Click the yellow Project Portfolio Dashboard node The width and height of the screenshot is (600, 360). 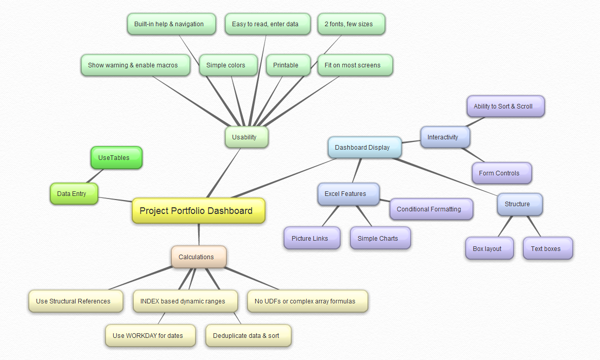coord(198,210)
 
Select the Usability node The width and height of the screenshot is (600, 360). coord(246,137)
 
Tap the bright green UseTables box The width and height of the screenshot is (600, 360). coord(116,157)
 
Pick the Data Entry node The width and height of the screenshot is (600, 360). coord(74,193)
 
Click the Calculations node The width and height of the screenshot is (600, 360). coord(199,257)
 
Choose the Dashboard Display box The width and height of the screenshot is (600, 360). coord(365,147)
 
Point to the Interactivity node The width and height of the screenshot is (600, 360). coord(445,137)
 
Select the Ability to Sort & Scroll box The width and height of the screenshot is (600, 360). coord(505,106)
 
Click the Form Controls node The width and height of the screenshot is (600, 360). coord(502,173)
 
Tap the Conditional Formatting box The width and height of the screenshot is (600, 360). coord(431,209)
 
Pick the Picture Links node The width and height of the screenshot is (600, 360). coord(312,238)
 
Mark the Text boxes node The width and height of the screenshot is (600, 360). coord(548,248)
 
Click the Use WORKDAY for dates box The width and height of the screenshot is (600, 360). coord(150,335)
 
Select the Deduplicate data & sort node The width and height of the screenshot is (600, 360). coord(249,335)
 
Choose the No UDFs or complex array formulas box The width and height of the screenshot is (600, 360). coord(308,301)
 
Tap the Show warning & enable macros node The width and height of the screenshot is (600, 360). coord(135,65)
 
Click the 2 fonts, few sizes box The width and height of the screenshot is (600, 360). coord(351,24)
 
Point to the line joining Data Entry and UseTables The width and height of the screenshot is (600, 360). coord(95,175)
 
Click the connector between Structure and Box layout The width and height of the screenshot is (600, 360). coord(505,226)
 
